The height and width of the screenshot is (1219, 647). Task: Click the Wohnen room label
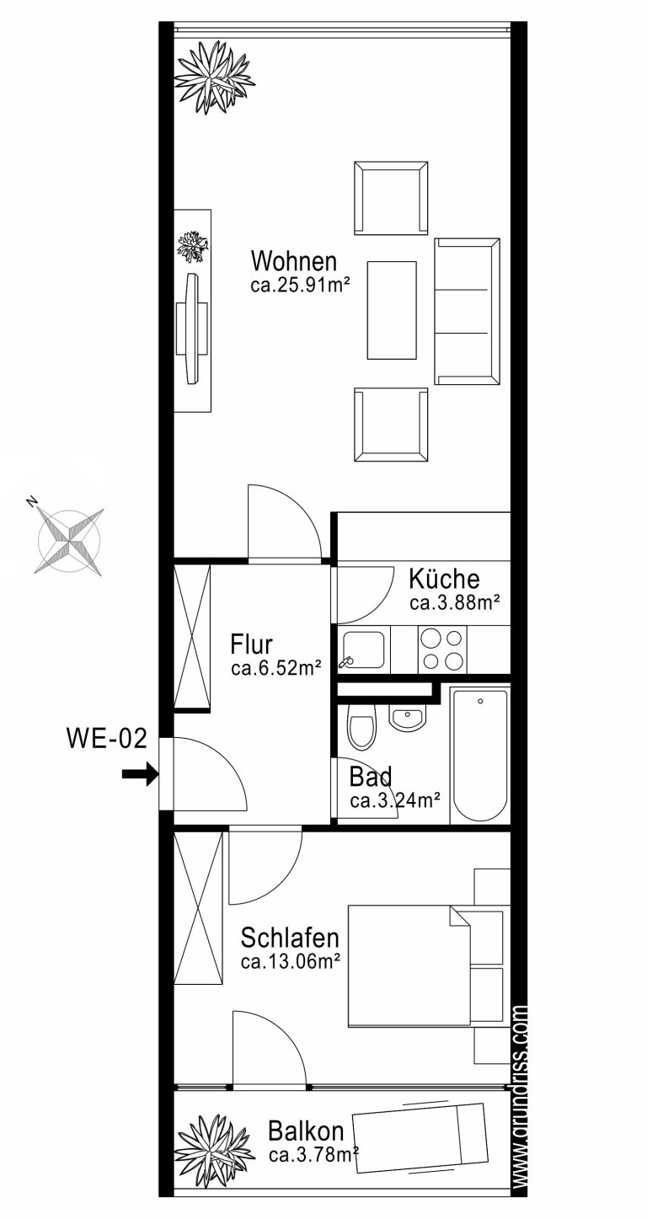294,261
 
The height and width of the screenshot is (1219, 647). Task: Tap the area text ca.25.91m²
300,286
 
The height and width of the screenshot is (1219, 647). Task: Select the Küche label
444,579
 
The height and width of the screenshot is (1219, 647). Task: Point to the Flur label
251,644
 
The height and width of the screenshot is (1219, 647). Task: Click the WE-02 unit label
107,739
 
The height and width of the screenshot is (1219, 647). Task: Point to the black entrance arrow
140,774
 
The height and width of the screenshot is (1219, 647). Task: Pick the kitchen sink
363,649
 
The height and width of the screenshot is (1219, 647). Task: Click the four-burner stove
442,649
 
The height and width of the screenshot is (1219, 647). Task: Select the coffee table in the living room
392,310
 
